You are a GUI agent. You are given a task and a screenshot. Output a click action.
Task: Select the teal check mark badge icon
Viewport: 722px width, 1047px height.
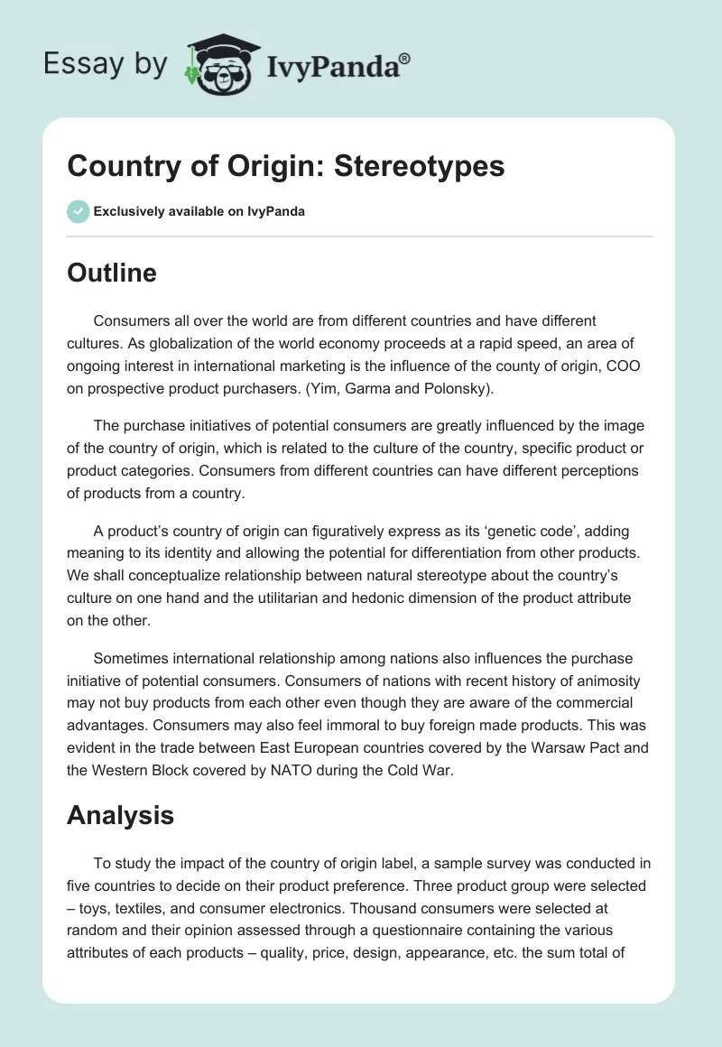[x=78, y=211]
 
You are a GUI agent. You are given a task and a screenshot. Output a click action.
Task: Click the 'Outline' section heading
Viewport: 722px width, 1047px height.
[x=112, y=273]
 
